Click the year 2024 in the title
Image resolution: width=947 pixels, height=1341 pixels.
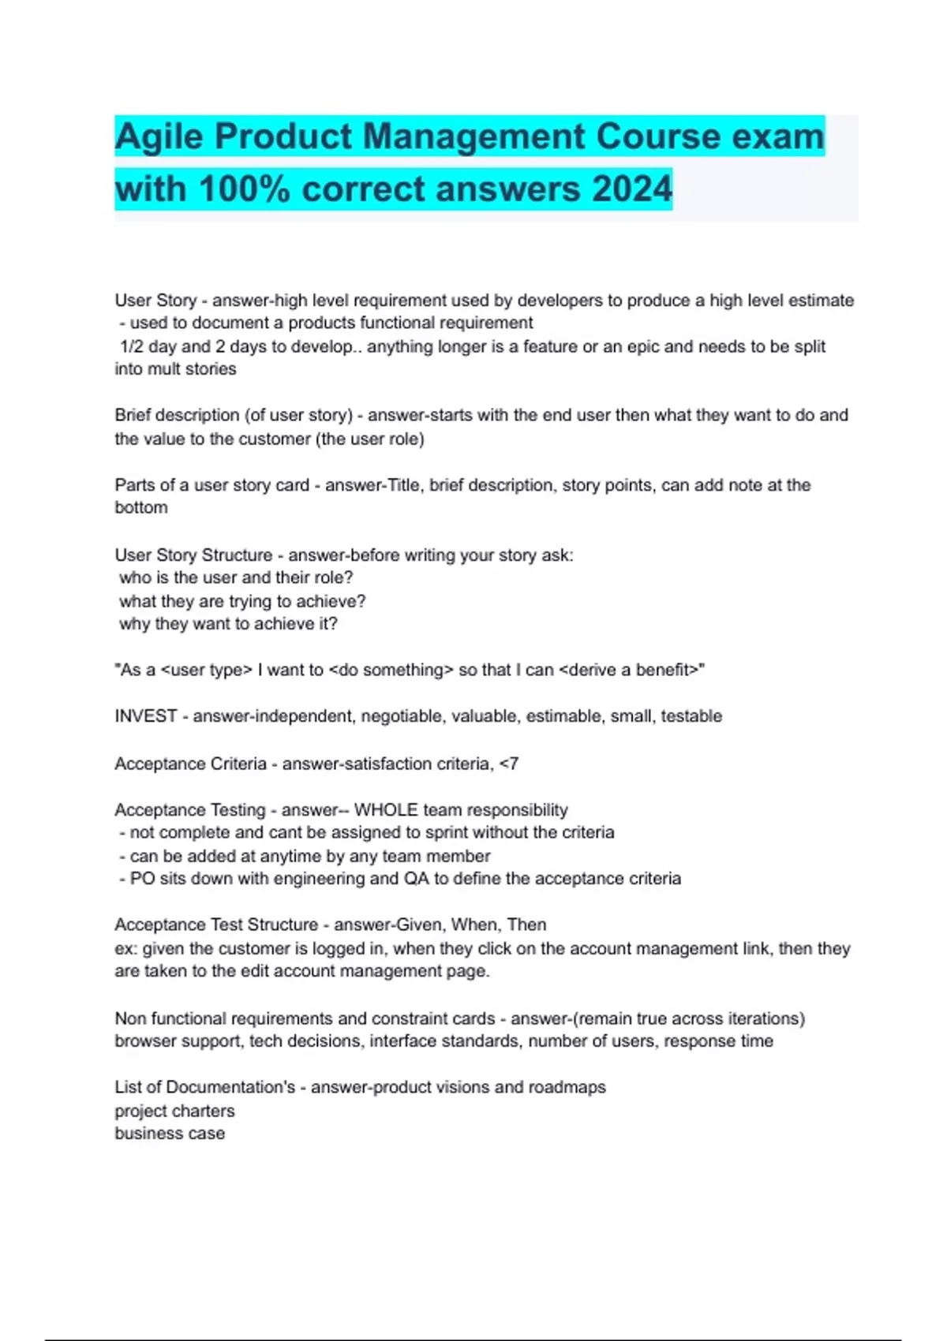(631, 189)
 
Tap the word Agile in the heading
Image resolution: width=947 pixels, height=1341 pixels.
(159, 137)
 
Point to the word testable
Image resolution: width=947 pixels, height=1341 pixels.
(691, 716)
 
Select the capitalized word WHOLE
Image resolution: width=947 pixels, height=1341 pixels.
(386, 810)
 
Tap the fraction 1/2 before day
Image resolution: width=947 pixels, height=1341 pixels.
(133, 346)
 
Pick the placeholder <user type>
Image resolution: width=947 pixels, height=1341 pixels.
(207, 670)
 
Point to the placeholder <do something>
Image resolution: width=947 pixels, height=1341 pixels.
(391, 670)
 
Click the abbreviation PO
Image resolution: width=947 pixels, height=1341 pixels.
(142, 879)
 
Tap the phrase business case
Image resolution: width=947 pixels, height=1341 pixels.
(170, 1134)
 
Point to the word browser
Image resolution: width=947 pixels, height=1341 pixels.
(146, 1041)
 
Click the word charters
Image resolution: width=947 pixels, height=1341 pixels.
(204, 1111)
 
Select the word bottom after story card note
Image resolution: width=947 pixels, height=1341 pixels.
(141, 508)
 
